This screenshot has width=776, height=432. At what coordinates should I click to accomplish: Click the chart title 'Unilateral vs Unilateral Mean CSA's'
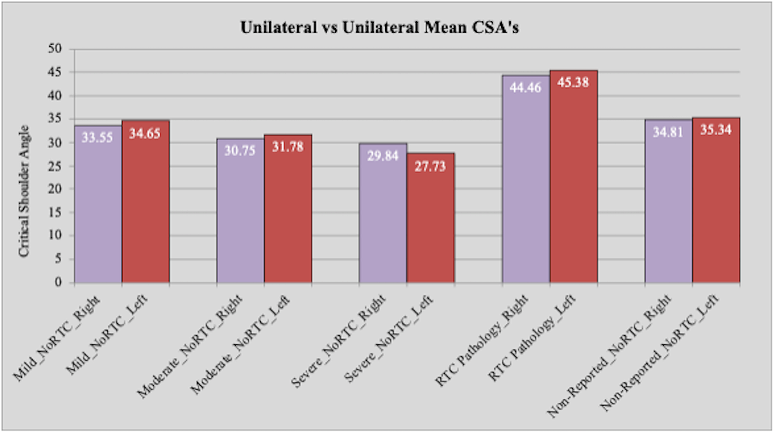coord(379,28)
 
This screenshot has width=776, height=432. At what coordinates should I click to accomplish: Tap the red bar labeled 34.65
coord(145,202)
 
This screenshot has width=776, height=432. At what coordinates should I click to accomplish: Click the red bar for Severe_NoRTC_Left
coord(430,217)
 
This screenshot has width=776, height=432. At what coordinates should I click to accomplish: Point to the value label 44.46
coord(525,88)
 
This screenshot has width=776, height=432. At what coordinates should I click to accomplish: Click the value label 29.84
coord(383,156)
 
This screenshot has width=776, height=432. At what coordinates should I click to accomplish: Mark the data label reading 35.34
coord(716,130)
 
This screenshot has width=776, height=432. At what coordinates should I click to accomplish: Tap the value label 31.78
coord(288,147)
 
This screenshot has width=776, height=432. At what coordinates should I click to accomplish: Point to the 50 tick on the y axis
coord(55,49)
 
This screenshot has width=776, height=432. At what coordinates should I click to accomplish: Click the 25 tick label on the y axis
coord(55,166)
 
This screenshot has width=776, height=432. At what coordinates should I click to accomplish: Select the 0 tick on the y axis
coord(58,282)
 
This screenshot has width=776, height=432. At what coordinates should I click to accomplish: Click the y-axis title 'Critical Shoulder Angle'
coord(24,191)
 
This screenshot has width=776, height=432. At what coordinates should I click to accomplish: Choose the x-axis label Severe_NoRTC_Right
coord(338,341)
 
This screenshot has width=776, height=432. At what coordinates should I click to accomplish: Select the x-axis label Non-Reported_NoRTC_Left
coord(660,352)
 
